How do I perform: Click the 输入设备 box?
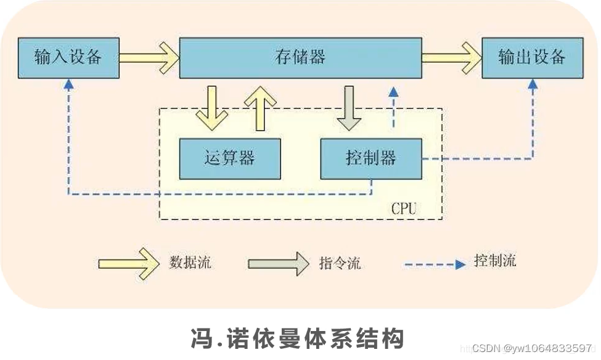68,58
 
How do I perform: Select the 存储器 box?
300,58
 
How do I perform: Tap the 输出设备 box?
531,58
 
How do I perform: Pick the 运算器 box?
229,158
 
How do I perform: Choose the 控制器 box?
371,158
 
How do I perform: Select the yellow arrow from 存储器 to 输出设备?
452,58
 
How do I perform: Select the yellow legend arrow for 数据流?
129,263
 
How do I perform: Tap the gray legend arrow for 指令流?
279,263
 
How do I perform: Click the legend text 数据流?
190,262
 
